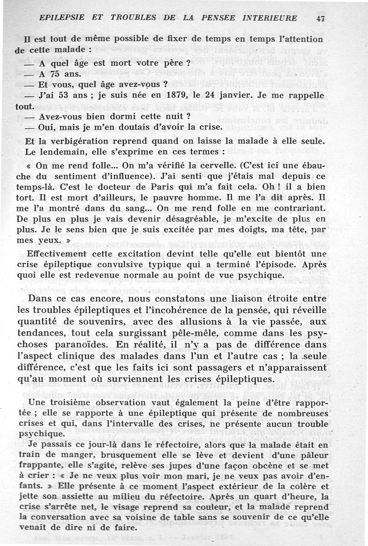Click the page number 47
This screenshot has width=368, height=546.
point(321,18)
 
